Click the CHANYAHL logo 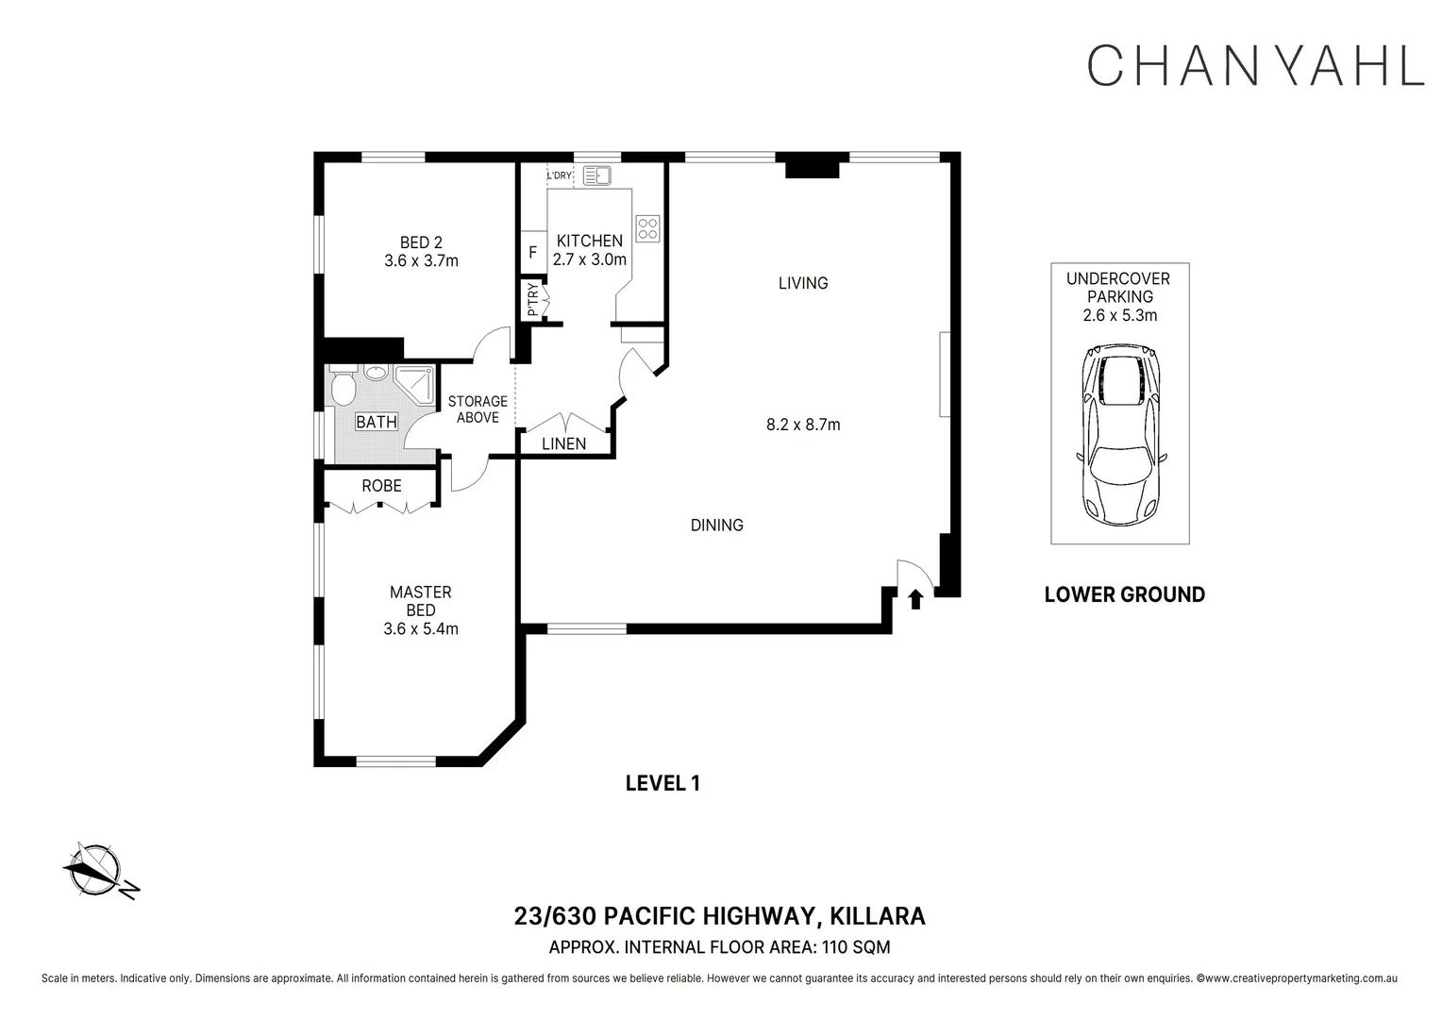[1255, 65]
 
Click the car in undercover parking [1121, 435]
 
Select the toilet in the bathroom [343, 384]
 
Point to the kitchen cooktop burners [647, 228]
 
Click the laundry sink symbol [596, 175]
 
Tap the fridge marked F [533, 252]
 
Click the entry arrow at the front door [915, 599]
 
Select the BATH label [377, 423]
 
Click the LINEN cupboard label [564, 443]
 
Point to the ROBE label [382, 485]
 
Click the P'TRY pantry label [532, 299]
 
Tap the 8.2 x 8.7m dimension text [803, 425]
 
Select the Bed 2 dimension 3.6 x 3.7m [421, 260]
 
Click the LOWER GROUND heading [1125, 594]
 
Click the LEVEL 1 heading [662, 783]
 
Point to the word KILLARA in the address [878, 916]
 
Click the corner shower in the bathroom [414, 385]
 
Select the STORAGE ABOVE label [478, 409]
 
